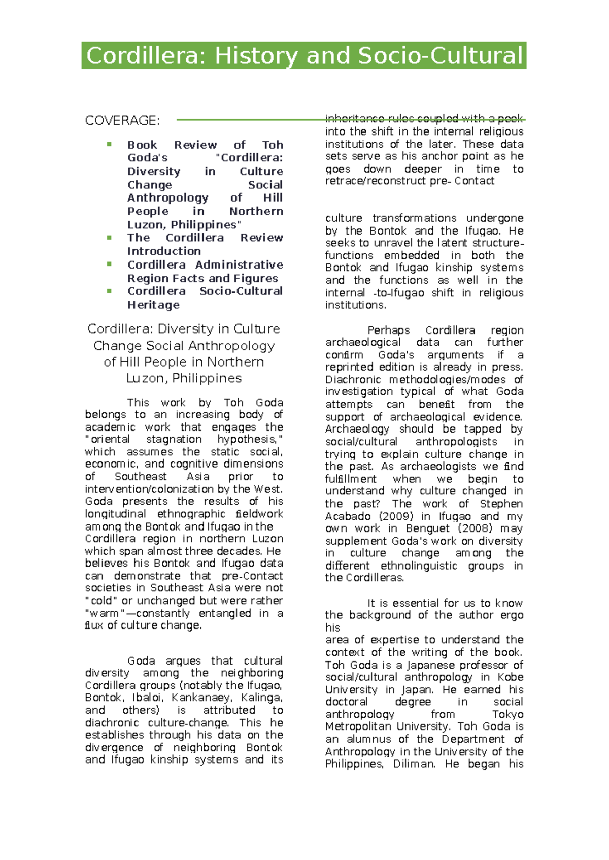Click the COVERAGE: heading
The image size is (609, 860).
(x=122, y=121)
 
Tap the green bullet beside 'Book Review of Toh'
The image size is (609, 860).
(x=109, y=145)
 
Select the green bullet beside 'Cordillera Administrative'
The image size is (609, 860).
(x=109, y=264)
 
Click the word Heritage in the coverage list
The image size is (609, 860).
(x=153, y=305)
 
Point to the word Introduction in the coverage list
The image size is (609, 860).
(x=164, y=251)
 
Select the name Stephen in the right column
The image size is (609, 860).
(x=501, y=504)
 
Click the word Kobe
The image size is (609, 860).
(x=510, y=677)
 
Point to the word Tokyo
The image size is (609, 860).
(x=507, y=714)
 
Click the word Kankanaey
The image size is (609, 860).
(x=200, y=698)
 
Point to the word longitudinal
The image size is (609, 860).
(x=115, y=514)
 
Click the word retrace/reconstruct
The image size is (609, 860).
(x=376, y=181)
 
